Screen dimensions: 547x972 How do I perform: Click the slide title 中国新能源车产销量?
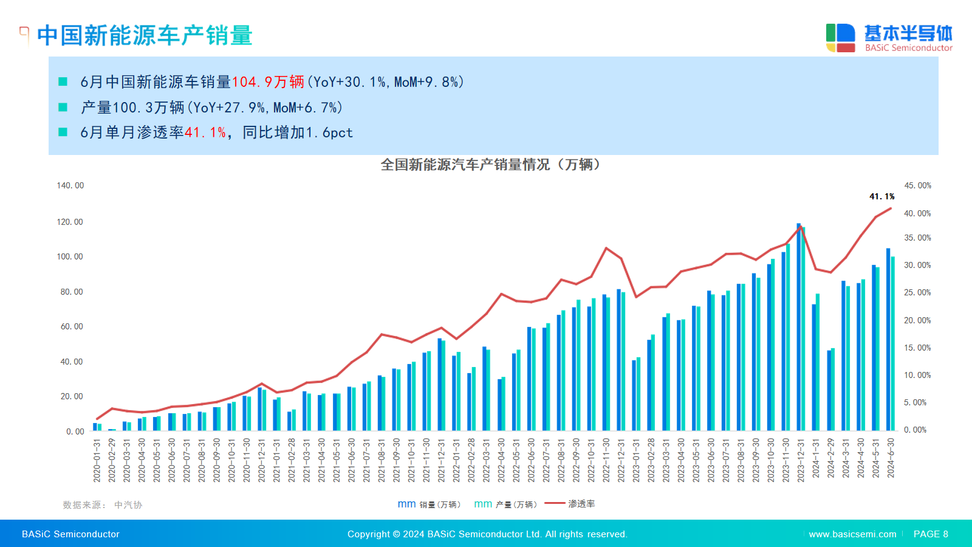[145, 35]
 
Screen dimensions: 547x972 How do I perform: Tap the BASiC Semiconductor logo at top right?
[889, 38]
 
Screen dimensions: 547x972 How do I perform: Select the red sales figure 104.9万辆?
[268, 82]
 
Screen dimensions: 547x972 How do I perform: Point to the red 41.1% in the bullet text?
[205, 132]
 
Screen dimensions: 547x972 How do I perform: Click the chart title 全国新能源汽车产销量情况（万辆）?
[490, 165]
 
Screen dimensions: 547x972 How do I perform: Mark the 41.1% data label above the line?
[881, 196]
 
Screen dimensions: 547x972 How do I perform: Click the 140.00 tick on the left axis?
[70, 185]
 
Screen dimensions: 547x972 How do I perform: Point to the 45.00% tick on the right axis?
[917, 185]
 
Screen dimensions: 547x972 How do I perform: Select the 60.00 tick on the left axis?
[72, 326]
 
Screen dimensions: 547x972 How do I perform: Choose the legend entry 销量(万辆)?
[430, 504]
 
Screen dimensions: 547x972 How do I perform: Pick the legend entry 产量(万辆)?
[505, 504]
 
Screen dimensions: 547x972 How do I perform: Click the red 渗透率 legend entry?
[570, 504]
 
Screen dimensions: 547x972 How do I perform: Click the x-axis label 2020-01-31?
[97, 460]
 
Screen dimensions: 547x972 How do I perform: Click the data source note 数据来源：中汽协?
[103, 505]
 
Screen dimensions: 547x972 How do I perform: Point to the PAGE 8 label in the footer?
[931, 534]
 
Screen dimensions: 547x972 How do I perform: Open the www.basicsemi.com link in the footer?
[852, 534]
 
